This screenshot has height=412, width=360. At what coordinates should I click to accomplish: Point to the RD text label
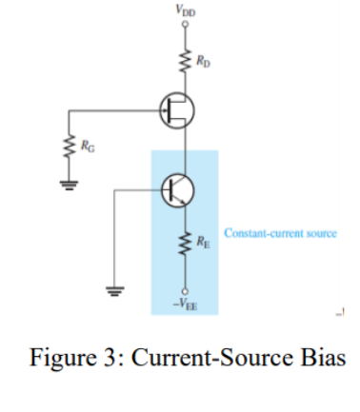click(x=203, y=64)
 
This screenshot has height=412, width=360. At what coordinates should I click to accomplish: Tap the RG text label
click(x=88, y=146)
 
